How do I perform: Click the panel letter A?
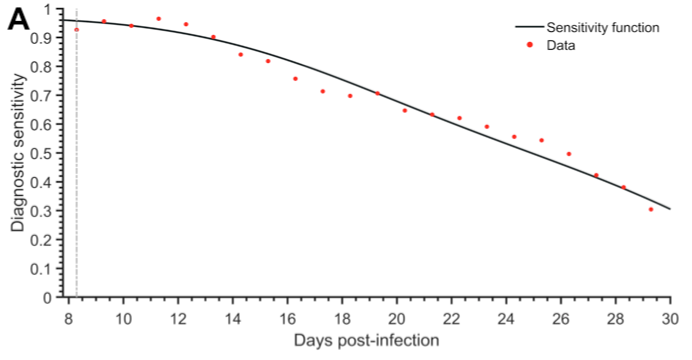pyautogui.click(x=20, y=19)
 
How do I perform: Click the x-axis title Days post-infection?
pyautogui.click(x=366, y=341)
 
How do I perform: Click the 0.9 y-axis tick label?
pyautogui.click(x=45, y=37)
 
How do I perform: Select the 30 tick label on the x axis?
pyautogui.click(x=669, y=319)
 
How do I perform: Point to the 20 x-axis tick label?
pyautogui.click(x=396, y=319)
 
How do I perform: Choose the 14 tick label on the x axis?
pyautogui.click(x=233, y=319)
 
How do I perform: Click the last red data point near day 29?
pyautogui.click(x=651, y=209)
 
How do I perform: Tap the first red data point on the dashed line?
pyautogui.click(x=77, y=30)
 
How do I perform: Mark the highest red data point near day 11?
pyautogui.click(x=158, y=19)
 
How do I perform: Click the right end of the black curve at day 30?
pyautogui.click(x=668, y=209)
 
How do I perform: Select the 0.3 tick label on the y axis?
pyautogui.click(x=45, y=211)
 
